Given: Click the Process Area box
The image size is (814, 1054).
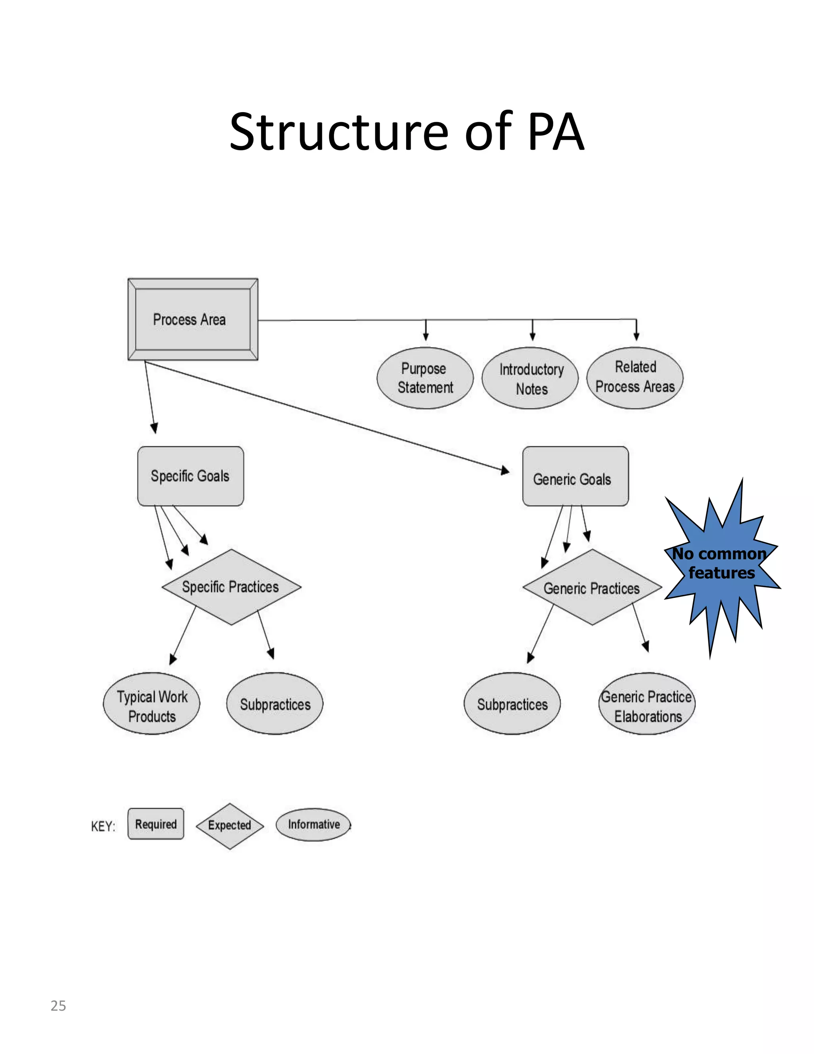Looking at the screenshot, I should [x=192, y=319].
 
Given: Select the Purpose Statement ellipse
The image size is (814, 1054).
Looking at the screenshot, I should [x=424, y=378].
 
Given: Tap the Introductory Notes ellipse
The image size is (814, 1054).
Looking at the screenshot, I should [x=531, y=378].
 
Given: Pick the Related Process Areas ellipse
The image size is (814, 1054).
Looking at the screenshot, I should [x=635, y=377].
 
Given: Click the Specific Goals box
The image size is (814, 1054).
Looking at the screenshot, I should [x=190, y=476].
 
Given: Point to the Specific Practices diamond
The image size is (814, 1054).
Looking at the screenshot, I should [x=231, y=587].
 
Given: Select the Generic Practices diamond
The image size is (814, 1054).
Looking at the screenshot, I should [x=592, y=587].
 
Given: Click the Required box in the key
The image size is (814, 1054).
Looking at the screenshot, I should [x=156, y=824].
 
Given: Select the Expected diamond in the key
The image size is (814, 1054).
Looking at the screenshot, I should [x=230, y=825].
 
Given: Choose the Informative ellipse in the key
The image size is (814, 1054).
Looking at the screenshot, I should [x=314, y=824].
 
